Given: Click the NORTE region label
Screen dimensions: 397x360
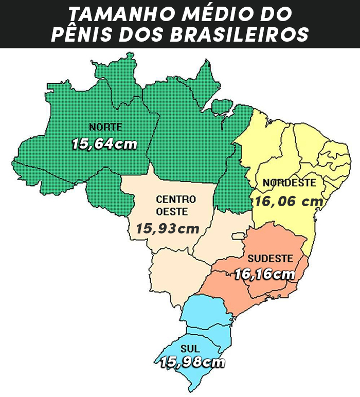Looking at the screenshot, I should [105, 127].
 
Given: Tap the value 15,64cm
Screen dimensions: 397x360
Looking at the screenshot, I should [105, 144].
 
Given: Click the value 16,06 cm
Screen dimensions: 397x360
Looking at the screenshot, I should [289, 202].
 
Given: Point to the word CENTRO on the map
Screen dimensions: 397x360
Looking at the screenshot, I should [176, 199].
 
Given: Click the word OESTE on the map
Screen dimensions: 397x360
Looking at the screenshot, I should [173, 211].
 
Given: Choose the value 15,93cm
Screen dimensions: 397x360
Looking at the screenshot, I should [168, 228].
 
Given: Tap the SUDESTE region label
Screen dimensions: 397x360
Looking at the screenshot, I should [270, 258].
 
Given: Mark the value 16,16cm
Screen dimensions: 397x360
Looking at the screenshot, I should [265, 275].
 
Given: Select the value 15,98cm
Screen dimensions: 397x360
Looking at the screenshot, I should [192, 363].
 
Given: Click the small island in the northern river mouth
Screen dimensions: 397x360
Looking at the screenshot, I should [222, 107].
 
